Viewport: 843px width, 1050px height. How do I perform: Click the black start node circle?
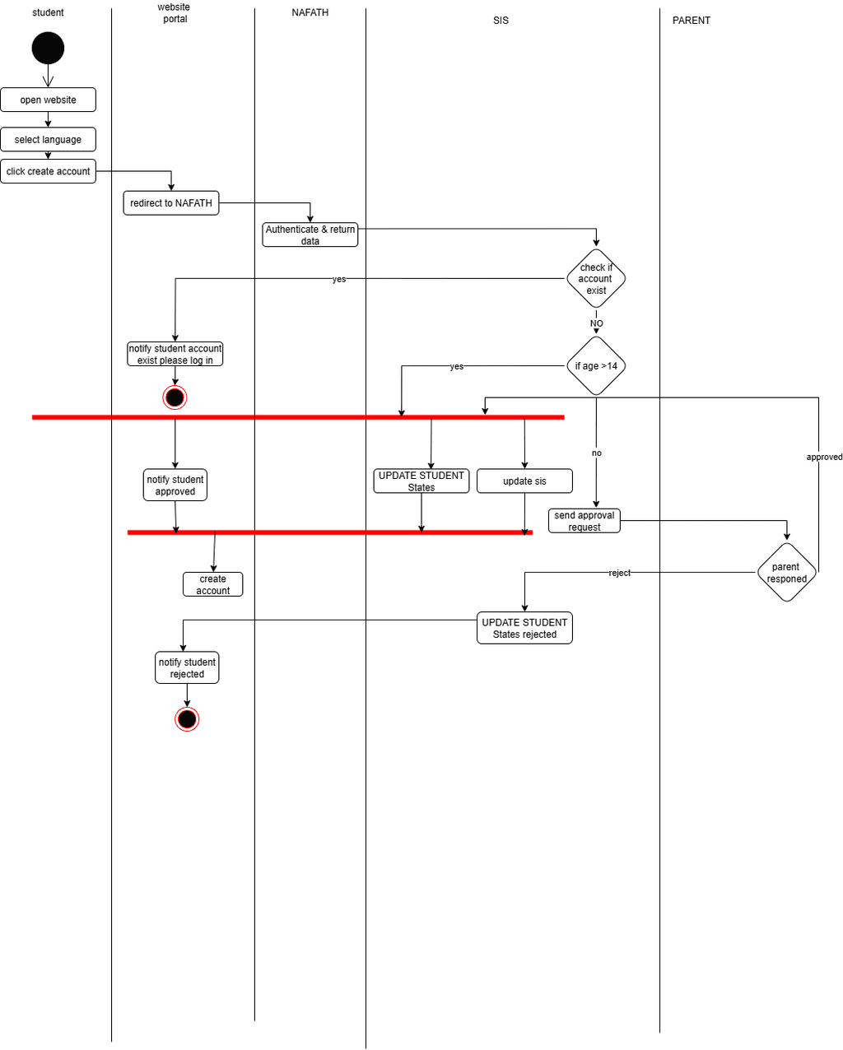48,49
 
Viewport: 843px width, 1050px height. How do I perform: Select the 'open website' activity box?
48,100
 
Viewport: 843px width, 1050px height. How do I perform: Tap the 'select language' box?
48,139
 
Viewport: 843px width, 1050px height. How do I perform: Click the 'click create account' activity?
48,171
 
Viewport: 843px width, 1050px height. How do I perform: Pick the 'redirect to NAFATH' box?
171,203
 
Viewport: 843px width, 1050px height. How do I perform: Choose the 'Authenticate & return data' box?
310,235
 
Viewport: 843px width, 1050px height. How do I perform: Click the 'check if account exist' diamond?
596,279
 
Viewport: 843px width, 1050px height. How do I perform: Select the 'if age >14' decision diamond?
596,366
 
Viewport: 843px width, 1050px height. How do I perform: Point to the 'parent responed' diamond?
786,573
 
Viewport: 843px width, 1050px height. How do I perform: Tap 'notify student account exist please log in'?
175,355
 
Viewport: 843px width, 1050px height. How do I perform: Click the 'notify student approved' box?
175,486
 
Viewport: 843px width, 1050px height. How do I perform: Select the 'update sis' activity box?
524,481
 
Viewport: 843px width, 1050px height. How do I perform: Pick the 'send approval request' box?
585,521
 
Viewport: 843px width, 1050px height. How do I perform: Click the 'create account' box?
212,585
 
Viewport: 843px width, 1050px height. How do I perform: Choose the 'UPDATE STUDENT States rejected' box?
524,628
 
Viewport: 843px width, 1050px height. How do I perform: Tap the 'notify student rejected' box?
187,668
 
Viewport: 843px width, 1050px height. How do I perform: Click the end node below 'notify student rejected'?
187,719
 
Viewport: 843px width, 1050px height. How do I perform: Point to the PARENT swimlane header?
691,21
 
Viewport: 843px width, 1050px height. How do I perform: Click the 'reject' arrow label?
619,573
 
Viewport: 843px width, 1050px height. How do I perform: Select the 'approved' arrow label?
824,457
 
